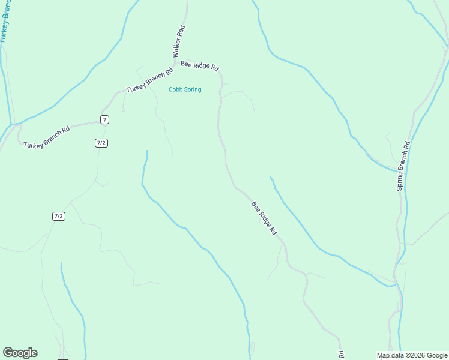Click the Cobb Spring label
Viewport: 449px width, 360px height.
[x=184, y=89]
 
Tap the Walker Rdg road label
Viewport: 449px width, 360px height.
[x=179, y=41]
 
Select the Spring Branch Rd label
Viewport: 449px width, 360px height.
[x=403, y=166]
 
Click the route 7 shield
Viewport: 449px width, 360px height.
[x=104, y=120]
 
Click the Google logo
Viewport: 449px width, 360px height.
[x=20, y=353]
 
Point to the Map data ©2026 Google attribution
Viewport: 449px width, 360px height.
[x=412, y=355]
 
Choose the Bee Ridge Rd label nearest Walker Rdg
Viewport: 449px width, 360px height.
[x=200, y=65]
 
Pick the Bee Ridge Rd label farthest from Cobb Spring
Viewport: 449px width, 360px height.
[x=264, y=218]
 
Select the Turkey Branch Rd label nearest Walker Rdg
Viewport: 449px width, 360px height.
[x=149, y=80]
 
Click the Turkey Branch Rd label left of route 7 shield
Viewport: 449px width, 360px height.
[x=47, y=137]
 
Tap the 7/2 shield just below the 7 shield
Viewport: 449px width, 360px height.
[x=101, y=143]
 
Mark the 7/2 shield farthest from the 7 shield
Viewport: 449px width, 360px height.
[x=58, y=216]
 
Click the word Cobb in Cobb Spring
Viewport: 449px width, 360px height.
[x=175, y=89]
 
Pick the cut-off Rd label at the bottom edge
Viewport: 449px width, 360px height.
[x=340, y=355]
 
